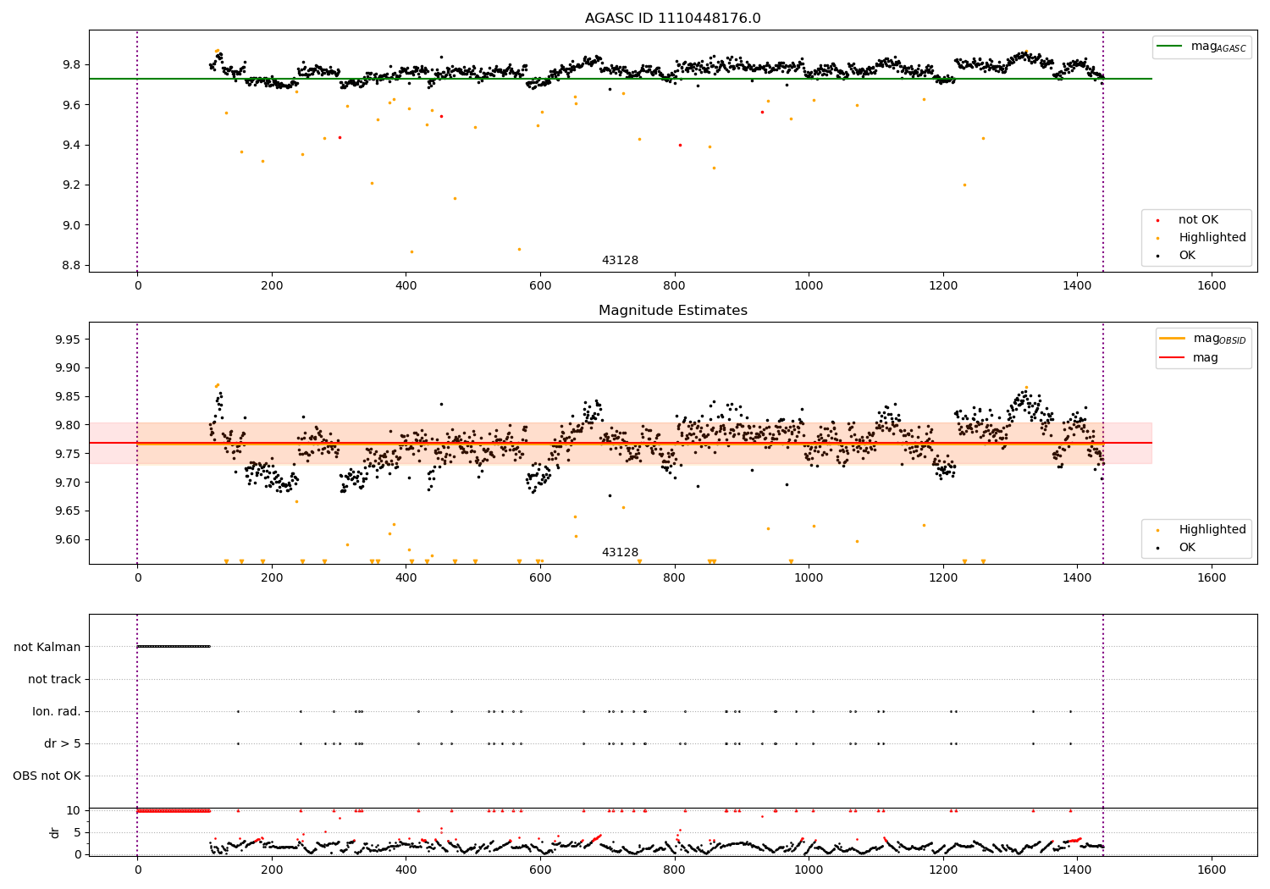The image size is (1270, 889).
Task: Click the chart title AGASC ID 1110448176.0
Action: point(672,18)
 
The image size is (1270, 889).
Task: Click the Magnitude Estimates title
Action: point(672,310)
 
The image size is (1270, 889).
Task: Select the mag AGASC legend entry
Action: point(1201,47)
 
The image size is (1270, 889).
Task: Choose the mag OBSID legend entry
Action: point(1202,339)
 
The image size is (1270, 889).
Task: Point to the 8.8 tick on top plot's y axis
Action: point(71,265)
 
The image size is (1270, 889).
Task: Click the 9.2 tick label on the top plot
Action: point(71,185)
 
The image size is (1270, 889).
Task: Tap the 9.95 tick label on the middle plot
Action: point(68,340)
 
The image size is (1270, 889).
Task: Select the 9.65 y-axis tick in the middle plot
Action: point(68,511)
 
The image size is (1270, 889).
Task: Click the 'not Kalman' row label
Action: point(47,647)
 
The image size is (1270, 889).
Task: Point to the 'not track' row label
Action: point(54,679)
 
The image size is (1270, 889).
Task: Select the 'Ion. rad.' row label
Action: point(56,711)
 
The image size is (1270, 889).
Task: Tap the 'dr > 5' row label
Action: point(63,744)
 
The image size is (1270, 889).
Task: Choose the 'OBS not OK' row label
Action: point(47,776)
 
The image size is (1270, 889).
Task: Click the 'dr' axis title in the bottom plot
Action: point(54,833)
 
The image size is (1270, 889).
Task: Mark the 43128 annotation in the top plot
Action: point(620,260)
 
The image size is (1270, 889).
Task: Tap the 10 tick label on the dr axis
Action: point(73,811)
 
